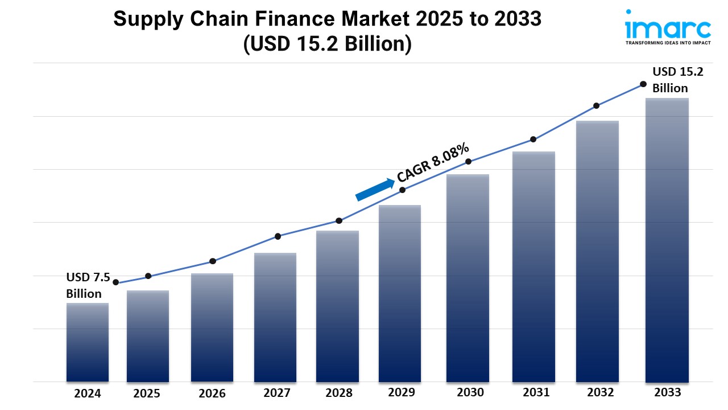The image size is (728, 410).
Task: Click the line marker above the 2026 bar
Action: click(213, 261)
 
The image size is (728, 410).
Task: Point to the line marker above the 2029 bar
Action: click(402, 190)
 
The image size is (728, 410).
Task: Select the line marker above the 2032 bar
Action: click(597, 106)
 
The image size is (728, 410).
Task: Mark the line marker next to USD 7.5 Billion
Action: click(116, 282)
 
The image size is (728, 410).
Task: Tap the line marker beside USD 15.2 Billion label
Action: click(643, 84)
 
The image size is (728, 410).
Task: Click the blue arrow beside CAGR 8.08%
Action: click(375, 190)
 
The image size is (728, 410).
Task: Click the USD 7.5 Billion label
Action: click(85, 285)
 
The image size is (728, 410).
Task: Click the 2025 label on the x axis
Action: click(147, 393)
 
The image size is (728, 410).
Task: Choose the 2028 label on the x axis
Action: click(338, 393)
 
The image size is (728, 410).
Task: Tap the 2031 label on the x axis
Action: click(536, 392)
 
